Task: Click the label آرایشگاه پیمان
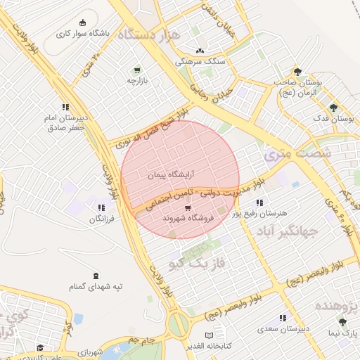click(x=171, y=173)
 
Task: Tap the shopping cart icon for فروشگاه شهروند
click(x=188, y=208)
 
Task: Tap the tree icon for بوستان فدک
click(x=333, y=108)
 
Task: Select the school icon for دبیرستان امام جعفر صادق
click(x=65, y=108)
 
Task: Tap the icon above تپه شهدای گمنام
click(x=96, y=275)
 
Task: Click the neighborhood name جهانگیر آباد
click(x=287, y=230)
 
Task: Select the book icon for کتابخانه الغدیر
click(x=207, y=335)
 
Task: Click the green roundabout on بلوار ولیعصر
click(x=178, y=324)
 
